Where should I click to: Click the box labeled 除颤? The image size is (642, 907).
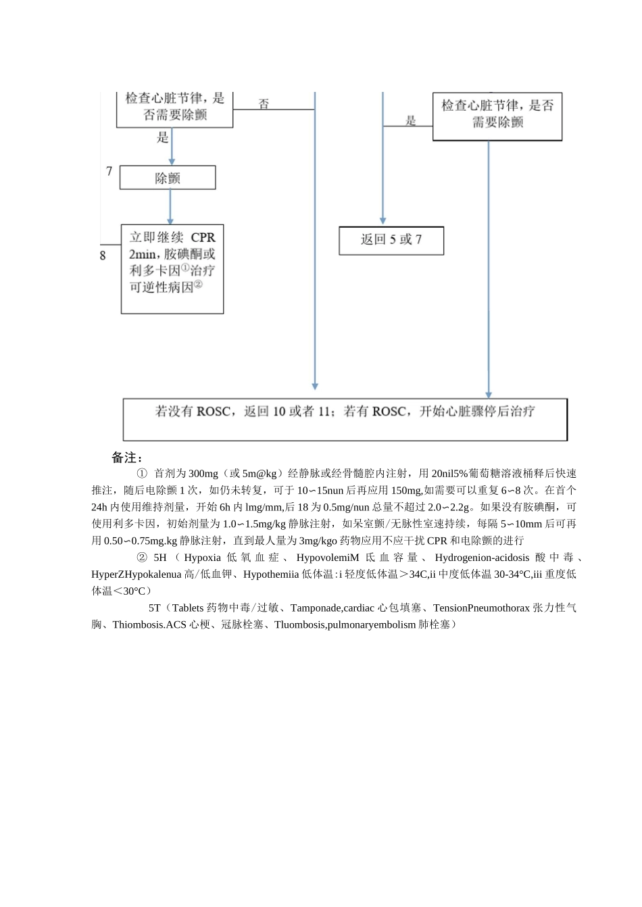168,178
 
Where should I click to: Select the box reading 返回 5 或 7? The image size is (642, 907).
391,241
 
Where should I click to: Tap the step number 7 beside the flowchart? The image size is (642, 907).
109,172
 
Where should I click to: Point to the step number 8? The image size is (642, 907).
103,256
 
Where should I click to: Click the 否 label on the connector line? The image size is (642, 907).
264,104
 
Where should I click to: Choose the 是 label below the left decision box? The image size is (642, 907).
163,138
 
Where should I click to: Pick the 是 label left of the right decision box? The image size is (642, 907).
411,121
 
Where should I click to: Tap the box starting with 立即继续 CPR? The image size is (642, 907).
172,269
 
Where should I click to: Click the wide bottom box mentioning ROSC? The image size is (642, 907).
345,419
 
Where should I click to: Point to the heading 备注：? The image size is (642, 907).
127,458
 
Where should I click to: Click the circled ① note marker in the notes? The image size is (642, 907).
142,473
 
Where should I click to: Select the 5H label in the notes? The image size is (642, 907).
159,558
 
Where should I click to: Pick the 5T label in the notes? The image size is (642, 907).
155,608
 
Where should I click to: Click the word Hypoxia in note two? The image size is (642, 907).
202,558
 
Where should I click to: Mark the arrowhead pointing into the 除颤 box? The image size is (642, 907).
172,162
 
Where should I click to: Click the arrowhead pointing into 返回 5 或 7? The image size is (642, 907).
383,220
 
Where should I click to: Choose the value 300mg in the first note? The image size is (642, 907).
203,473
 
